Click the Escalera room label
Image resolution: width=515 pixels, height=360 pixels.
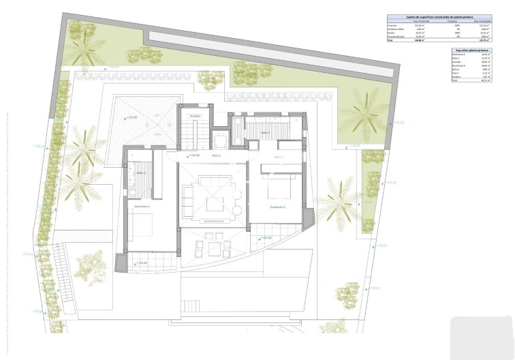(194, 117)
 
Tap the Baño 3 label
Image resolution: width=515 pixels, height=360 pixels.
(265, 132)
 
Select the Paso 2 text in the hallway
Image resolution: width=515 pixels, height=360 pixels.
(216, 156)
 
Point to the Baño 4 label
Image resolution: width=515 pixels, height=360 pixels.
(141, 172)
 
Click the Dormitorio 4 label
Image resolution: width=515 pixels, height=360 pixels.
(142, 206)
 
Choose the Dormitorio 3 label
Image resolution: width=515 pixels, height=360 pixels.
(277, 207)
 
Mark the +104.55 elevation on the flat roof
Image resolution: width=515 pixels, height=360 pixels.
(132, 118)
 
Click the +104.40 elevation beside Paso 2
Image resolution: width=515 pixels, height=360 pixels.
(193, 155)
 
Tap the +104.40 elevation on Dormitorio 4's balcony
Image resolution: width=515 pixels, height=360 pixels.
(141, 262)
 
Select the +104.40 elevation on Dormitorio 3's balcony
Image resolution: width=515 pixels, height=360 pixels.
(265, 238)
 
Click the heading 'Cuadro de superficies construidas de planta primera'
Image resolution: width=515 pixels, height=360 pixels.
(431, 16)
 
